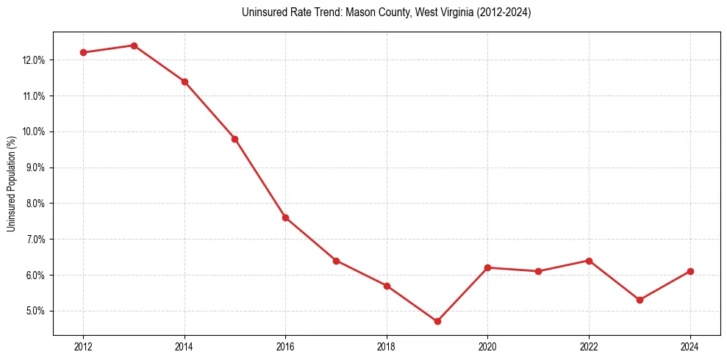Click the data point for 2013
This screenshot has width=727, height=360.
pyautogui.click(x=134, y=46)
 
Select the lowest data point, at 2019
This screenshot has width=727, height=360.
pyautogui.click(x=437, y=321)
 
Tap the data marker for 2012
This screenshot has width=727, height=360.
pyautogui.click(x=83, y=52)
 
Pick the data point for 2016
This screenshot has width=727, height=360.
pyautogui.click(x=285, y=217)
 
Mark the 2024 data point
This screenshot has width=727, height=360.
pyautogui.click(x=690, y=271)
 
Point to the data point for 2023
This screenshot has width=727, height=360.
pyautogui.click(x=640, y=300)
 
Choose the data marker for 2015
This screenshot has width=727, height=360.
pyautogui.click(x=234, y=139)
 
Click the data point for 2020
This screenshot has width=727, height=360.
pyautogui.click(x=487, y=267)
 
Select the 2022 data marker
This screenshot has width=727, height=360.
pyautogui.click(x=589, y=260)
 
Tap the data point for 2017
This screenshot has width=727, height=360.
pyautogui.click(x=336, y=260)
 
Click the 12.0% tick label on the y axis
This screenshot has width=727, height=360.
pyautogui.click(x=34, y=60)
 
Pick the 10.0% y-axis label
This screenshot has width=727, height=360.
pyautogui.click(x=34, y=132)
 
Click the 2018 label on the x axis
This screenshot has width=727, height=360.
pyautogui.click(x=387, y=346)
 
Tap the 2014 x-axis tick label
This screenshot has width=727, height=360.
pyautogui.click(x=185, y=346)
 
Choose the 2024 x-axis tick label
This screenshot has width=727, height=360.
pyautogui.click(x=690, y=346)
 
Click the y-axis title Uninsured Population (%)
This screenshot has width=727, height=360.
pyautogui.click(x=11, y=183)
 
